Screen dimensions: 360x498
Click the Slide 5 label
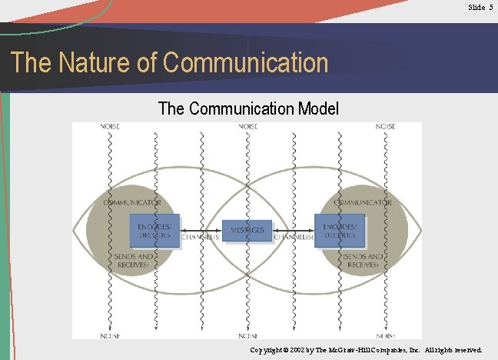(x=480, y=7)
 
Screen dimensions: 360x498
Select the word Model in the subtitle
(x=316, y=108)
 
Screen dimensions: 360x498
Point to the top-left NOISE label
(x=110, y=127)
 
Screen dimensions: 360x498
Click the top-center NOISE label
(x=247, y=127)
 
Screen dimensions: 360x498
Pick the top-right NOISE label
(x=385, y=127)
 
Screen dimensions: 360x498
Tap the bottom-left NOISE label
(x=110, y=335)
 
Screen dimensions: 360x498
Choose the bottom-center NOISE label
(x=247, y=335)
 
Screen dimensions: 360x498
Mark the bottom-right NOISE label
(x=385, y=335)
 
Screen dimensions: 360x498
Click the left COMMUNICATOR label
(x=132, y=202)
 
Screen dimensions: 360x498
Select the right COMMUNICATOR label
(x=363, y=202)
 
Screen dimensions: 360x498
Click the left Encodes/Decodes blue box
(x=155, y=231)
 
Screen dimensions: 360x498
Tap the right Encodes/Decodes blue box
(x=339, y=231)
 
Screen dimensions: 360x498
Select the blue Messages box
(x=247, y=231)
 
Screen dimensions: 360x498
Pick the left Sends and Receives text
(x=131, y=260)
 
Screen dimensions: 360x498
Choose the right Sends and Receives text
(x=362, y=260)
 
